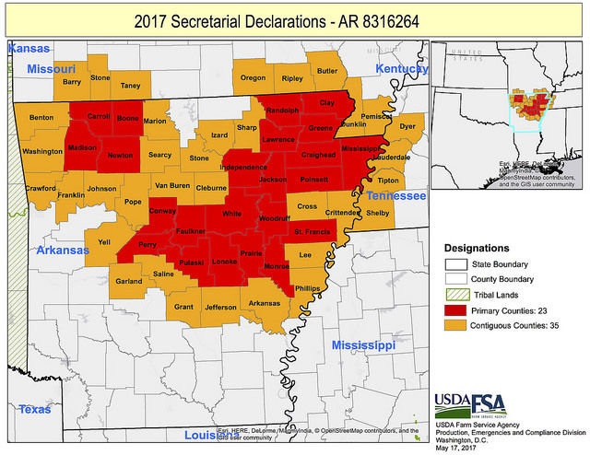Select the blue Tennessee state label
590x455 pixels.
pyautogui.click(x=396, y=196)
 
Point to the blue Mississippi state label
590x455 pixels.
pyautogui.click(x=363, y=344)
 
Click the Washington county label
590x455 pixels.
pyautogui.click(x=42, y=150)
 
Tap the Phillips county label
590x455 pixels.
pyautogui.click(x=307, y=288)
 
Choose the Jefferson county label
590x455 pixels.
pyautogui.click(x=220, y=307)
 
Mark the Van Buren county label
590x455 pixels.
pyautogui.click(x=171, y=186)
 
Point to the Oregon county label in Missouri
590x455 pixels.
pyautogui.click(x=253, y=78)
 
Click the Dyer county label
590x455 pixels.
pyautogui.click(x=407, y=125)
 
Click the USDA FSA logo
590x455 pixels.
pyautogui.click(x=470, y=403)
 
